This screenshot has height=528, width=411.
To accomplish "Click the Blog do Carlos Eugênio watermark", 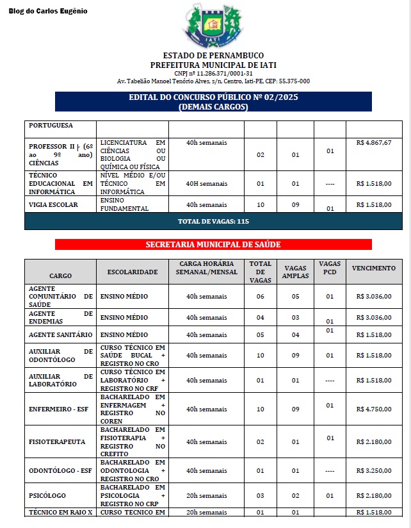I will point(48,12).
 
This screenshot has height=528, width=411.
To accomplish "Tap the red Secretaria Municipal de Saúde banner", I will point(213,245).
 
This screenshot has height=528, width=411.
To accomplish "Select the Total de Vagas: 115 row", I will point(213,221).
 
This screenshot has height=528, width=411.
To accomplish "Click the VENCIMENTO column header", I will point(374,268).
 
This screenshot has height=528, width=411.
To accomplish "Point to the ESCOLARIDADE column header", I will point(133,272).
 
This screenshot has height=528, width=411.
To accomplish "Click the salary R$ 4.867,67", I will point(374,142).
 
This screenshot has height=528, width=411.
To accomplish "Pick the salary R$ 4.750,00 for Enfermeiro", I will point(374,408).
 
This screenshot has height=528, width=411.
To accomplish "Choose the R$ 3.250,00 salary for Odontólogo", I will point(374,470).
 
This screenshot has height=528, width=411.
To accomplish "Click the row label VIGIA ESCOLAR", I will point(54,204).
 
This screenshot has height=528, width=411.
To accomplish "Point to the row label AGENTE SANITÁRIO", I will point(61,334).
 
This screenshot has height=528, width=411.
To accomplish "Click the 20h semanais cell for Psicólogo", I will point(206,495).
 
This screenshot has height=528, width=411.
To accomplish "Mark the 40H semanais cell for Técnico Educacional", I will point(206,183).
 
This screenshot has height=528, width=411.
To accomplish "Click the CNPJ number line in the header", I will point(213,73).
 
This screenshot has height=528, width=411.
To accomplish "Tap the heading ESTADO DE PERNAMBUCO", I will point(213,56).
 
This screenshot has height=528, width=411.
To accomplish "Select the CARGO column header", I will point(60,276).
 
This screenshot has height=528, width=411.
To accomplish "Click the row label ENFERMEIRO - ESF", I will point(60,408).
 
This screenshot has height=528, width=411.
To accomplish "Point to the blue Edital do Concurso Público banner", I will point(213,102).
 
